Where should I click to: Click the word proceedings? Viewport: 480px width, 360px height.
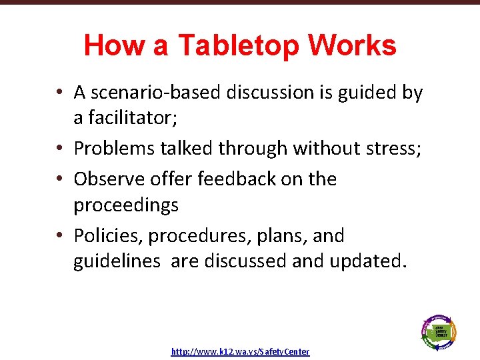coord(126,204)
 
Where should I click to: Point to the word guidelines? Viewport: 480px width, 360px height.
coord(117,261)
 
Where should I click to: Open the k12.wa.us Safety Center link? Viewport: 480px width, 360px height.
coord(240,351)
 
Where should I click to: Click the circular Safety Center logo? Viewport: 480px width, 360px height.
coord(439,330)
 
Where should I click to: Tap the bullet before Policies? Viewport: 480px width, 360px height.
coord(60,236)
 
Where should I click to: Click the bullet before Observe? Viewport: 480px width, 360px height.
coord(60,179)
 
